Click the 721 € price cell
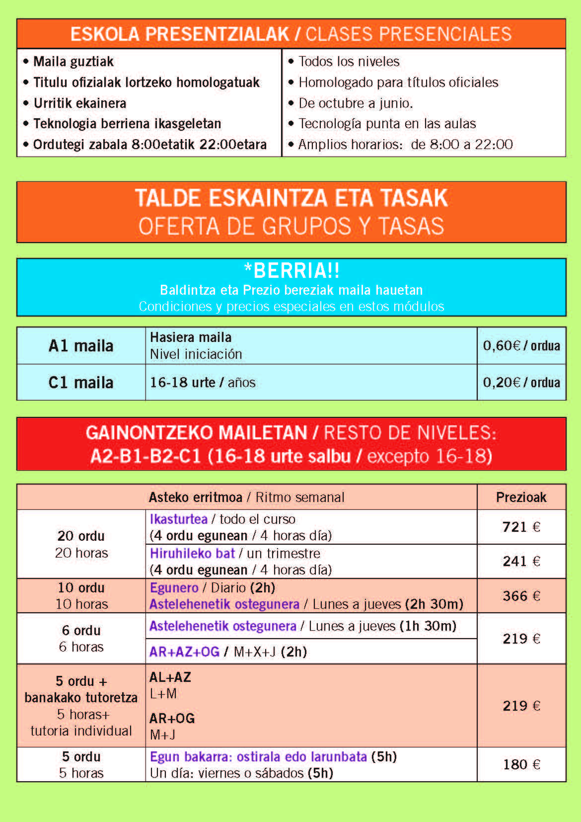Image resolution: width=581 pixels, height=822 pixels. point(521,527)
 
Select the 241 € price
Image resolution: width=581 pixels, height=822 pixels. point(521,561)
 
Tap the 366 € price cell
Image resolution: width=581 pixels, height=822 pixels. point(521,596)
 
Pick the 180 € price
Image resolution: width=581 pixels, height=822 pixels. point(521,764)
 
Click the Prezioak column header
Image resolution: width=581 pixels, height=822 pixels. point(521,497)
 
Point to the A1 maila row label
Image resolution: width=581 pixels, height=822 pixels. point(81,345)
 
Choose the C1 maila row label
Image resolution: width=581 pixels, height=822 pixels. point(81,382)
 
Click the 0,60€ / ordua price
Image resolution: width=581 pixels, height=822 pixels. point(521,345)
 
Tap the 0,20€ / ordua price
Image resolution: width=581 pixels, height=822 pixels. point(521,382)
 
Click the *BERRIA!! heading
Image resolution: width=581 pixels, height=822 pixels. point(291,271)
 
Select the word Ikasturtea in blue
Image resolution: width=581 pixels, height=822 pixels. point(179,519)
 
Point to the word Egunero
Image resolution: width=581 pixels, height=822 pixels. point(174,587)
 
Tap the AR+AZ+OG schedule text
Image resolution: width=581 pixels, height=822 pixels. point(184,652)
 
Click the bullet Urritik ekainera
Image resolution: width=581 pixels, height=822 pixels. point(79,103)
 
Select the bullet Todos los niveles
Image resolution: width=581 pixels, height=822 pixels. point(349,61)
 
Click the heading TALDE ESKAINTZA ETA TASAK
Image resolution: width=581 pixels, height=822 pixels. point(291,198)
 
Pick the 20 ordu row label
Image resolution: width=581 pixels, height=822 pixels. point(81,536)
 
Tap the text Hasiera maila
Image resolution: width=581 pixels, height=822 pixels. point(191,337)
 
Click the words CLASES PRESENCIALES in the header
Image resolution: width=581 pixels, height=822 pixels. point(408,34)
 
